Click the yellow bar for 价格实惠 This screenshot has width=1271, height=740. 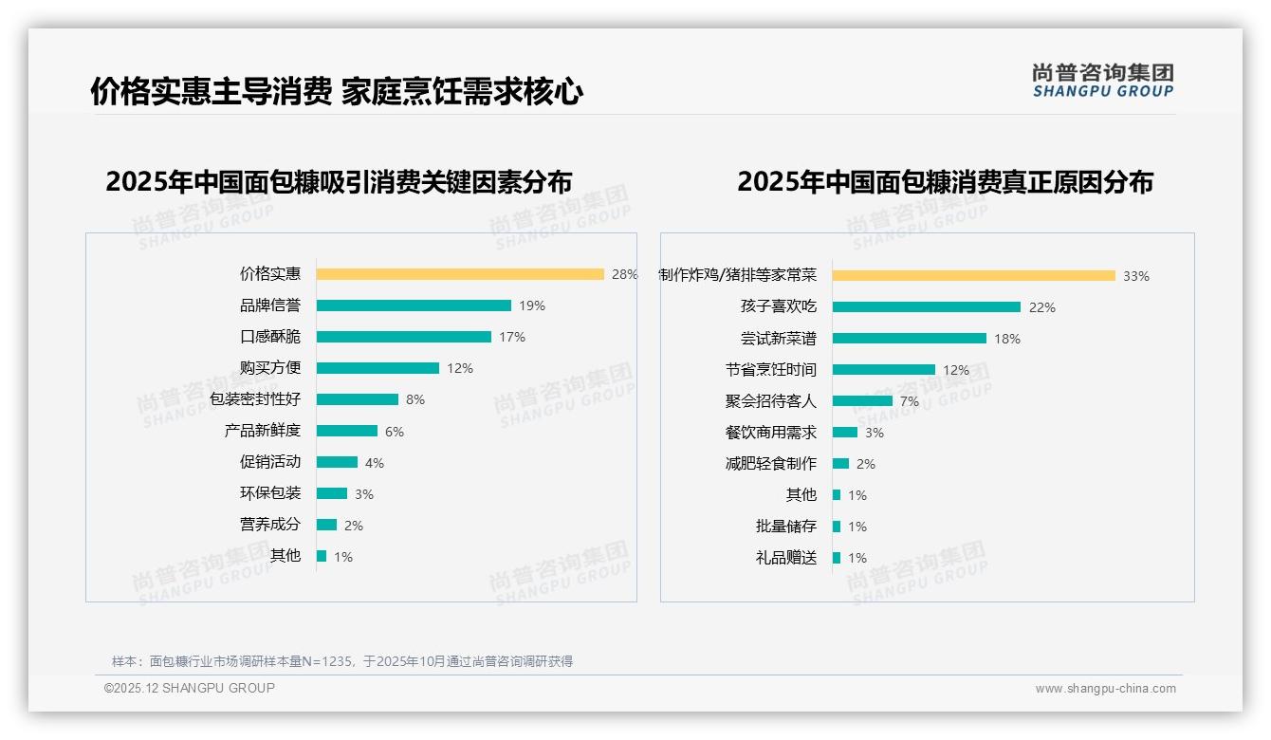coord(460,274)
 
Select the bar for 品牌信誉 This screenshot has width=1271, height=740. coord(414,305)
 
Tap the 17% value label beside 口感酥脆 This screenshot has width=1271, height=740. coord(512,337)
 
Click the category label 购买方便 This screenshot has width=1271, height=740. coord(270,368)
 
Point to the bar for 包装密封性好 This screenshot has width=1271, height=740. coord(358,399)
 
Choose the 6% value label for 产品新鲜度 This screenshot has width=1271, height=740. coord(395,432)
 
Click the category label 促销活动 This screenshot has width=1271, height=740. coord(270,462)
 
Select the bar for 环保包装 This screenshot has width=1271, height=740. coord(332,493)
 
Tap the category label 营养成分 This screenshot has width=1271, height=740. coord(270,525)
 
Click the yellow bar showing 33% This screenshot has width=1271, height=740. coord(974,276)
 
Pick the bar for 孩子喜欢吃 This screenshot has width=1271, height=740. coord(927,307)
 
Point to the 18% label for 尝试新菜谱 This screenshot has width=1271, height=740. coord(1007,339)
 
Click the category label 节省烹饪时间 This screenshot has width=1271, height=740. coord(771,370)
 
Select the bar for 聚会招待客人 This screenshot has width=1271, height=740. coord(862,401)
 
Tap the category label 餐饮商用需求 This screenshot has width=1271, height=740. coord(771,433)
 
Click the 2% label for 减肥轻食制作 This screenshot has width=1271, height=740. coord(866,464)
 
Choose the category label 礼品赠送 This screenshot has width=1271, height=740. coord(786,558)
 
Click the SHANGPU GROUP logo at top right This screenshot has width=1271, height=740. coord(1102,81)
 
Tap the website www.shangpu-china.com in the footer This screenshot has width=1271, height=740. coord(1105,689)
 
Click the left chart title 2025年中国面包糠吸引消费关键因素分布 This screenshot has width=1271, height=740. coord(339,182)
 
